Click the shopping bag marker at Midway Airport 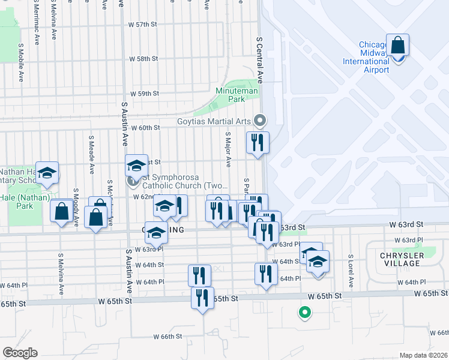(x=397, y=46)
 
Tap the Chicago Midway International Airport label (x=366, y=57)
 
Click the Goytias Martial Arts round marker (x=260, y=121)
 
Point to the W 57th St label (x=142, y=25)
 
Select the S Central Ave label (x=260, y=59)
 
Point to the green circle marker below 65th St (x=304, y=312)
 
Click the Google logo (x=20, y=353)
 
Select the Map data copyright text (x=423, y=355)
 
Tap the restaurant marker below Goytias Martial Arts (x=258, y=143)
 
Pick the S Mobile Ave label (x=21, y=62)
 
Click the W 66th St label (x=167, y=337)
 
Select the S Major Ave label (x=228, y=149)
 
